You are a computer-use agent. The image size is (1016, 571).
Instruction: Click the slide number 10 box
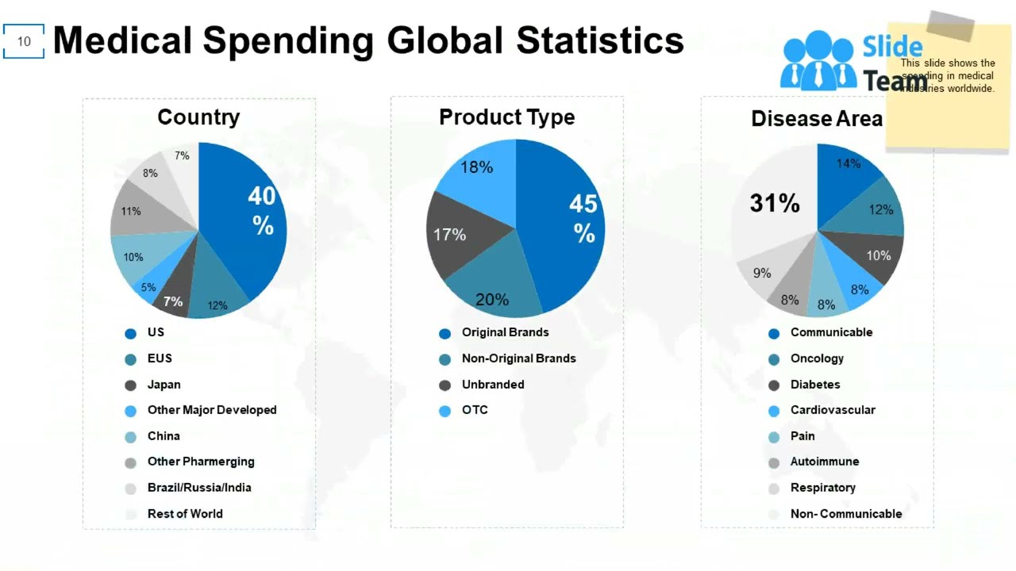[x=24, y=41]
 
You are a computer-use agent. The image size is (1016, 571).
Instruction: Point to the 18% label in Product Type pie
[x=476, y=167]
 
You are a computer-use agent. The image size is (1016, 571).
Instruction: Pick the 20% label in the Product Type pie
[x=492, y=300]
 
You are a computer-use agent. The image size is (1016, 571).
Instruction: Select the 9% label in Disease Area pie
[x=762, y=274]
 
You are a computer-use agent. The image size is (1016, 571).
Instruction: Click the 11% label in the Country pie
[x=131, y=212]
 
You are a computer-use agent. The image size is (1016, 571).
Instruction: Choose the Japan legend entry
[x=164, y=385]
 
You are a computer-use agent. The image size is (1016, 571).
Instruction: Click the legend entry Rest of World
[x=184, y=514]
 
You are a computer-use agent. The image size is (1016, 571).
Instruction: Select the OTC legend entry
[x=475, y=410]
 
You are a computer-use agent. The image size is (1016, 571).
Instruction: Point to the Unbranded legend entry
[x=492, y=385]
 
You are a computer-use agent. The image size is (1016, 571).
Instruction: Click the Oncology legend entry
[x=816, y=358]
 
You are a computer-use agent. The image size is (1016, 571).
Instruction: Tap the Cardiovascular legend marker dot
[x=774, y=411]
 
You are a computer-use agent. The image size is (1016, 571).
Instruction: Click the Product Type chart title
[x=506, y=117]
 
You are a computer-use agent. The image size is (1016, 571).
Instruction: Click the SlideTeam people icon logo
[x=818, y=61]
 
